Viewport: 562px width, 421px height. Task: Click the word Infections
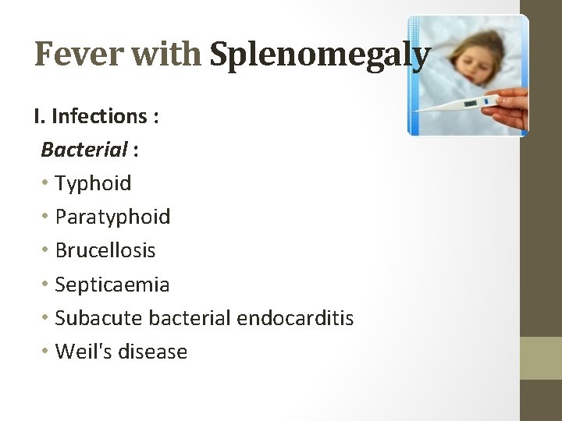tap(99, 116)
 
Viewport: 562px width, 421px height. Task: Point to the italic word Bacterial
tap(84, 149)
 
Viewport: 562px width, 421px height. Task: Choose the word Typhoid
tap(93, 184)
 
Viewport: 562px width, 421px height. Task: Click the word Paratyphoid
tap(112, 218)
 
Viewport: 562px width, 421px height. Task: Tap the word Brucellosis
tap(105, 251)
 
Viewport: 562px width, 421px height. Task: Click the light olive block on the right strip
tap(541, 358)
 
